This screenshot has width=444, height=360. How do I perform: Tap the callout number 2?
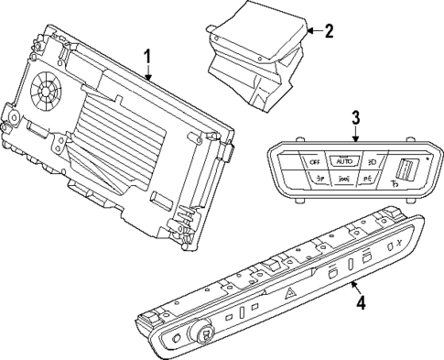coord(330,30)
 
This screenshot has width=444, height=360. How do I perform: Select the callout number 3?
coord(357,117)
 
